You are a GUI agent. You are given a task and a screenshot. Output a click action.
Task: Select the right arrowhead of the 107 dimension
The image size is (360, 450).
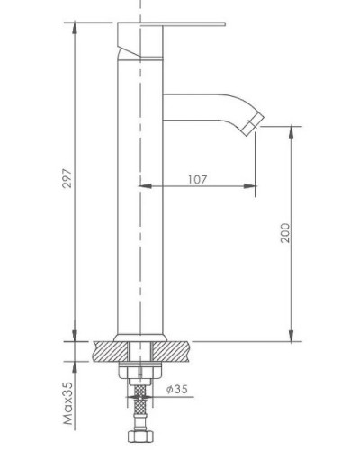click(251, 186)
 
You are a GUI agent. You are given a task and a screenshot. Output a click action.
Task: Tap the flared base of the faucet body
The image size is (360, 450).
click(142, 335)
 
